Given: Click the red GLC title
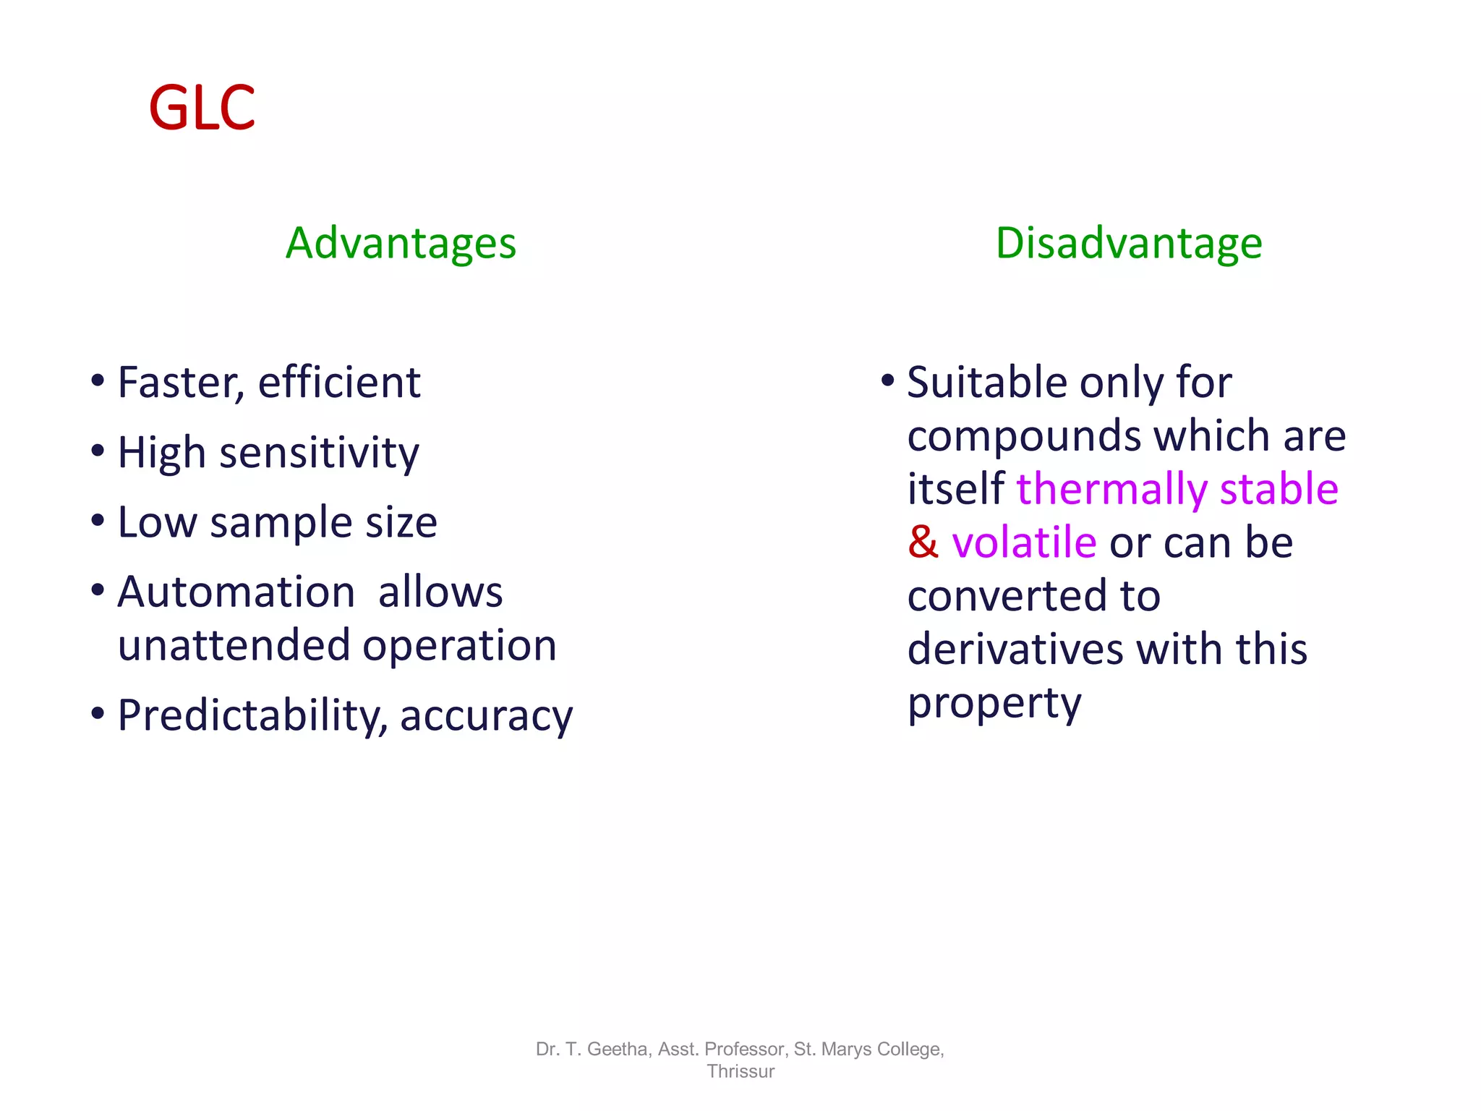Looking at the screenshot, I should (202, 108).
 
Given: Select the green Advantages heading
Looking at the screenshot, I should (401, 243).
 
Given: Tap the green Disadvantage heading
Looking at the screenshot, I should (1129, 243).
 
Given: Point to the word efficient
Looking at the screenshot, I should (339, 383).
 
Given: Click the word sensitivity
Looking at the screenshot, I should (319, 454).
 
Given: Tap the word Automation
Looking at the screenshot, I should (236, 592).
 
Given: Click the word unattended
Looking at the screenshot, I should (233, 645).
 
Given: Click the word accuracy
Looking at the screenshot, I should (486, 716).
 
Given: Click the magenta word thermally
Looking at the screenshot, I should (1111, 490).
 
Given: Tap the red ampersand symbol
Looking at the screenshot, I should (923, 542).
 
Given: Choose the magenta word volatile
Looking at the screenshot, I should (1024, 542).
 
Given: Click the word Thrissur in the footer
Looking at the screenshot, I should (740, 1071).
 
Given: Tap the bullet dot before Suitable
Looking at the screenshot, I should (888, 380).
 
